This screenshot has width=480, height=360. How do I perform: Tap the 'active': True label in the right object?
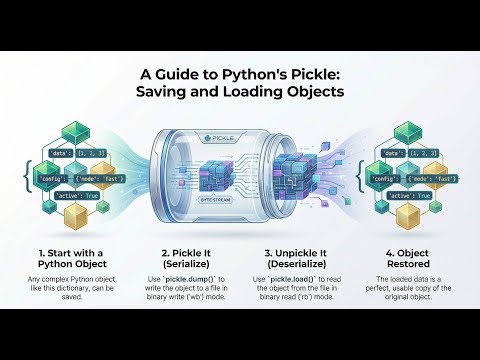coord(409,195)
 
